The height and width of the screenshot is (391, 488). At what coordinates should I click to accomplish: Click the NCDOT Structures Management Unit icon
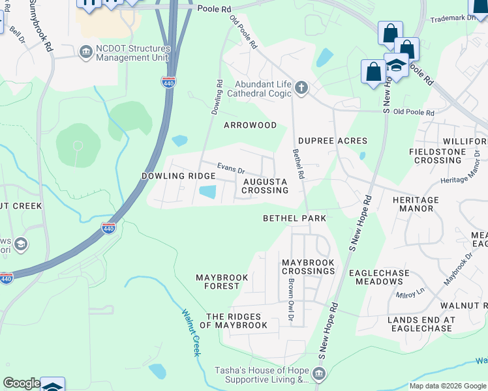click(x=85, y=52)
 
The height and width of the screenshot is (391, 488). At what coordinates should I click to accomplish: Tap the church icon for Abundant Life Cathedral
click(x=301, y=87)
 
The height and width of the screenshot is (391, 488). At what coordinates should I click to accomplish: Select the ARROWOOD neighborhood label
click(x=251, y=125)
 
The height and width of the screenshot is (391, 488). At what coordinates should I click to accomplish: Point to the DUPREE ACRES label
click(x=333, y=141)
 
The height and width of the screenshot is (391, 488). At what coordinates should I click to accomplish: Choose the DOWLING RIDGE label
click(x=178, y=177)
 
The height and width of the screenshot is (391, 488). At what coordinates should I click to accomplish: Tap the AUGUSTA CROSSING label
click(x=265, y=186)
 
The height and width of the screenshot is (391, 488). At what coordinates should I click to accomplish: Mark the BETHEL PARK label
click(x=294, y=218)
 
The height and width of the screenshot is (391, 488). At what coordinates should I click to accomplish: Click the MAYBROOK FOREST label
click(x=222, y=282)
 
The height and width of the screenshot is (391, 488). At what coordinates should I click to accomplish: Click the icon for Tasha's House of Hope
click(x=318, y=373)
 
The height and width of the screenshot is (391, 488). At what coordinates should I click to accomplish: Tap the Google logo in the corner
click(x=22, y=383)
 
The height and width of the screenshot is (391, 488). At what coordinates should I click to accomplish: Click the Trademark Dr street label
click(x=453, y=18)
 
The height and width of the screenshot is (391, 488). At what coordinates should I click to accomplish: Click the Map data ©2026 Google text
click(x=447, y=386)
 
